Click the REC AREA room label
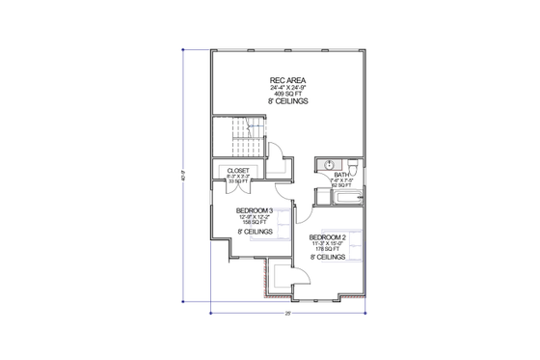(x=283, y=80)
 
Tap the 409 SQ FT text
(x=283, y=94)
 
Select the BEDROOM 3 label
(x=255, y=210)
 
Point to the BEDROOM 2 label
(x=328, y=236)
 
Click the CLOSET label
(x=238, y=170)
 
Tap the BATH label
(x=341, y=175)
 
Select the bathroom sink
(x=328, y=163)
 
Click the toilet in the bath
(x=352, y=164)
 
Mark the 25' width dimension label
(x=287, y=315)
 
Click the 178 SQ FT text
(x=328, y=249)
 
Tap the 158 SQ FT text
(x=255, y=222)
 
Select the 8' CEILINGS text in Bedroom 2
(x=328, y=259)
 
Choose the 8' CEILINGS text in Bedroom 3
(x=255, y=233)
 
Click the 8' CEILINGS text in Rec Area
(x=283, y=101)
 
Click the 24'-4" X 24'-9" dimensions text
(x=283, y=88)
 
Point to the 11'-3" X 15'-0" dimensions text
(x=328, y=243)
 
